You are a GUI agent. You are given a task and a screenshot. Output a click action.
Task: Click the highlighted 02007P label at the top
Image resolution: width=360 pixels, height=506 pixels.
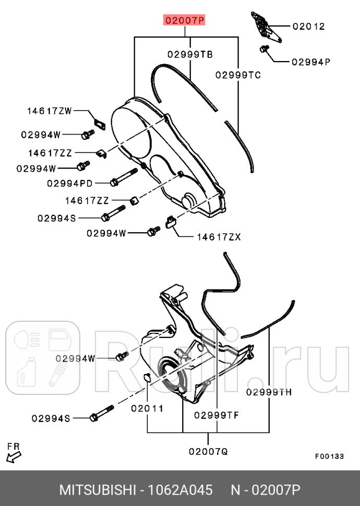point(185,21)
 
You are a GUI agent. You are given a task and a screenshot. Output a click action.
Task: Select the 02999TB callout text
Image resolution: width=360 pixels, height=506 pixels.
point(189,54)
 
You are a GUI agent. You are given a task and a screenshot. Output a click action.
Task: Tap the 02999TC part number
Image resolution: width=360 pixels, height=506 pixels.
point(238,75)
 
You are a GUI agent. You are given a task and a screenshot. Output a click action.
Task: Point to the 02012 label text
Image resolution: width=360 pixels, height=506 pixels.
point(308,26)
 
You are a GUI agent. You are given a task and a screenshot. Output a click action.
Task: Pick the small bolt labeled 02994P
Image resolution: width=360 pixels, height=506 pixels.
point(263,49)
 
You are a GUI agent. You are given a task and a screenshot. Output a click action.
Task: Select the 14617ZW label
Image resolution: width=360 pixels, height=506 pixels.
point(50,111)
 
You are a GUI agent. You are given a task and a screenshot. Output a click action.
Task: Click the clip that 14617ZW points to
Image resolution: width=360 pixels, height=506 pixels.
point(99,123)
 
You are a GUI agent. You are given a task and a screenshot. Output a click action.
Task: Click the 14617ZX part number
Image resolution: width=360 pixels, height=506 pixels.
point(219,237)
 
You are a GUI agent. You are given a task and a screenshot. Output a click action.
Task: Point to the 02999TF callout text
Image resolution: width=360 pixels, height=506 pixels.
point(216,415)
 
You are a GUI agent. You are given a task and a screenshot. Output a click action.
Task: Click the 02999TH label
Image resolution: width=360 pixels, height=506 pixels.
point(269,392)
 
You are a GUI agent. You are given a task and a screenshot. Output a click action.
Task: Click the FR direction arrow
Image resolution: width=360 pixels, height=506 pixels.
point(14,457)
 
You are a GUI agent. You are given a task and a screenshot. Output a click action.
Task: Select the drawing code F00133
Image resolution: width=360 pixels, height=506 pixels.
point(329,456)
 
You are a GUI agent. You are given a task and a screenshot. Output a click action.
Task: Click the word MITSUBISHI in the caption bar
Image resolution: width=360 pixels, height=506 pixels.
point(97,490)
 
